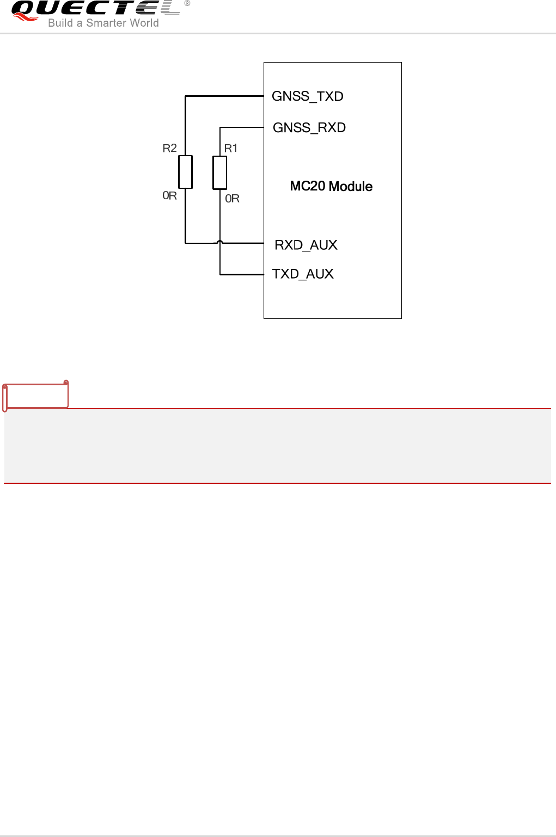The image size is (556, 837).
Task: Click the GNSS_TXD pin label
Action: pos(308,96)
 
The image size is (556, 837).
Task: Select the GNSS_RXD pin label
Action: pos(309,128)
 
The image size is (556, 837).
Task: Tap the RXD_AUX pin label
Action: pos(306,245)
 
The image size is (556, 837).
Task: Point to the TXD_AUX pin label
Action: pos(303,274)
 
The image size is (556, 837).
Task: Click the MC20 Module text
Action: pos(331,186)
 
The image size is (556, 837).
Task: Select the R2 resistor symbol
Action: pos(186,172)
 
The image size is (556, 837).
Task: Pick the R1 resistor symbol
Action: pos(220,173)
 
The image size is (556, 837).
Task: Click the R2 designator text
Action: pos(170,148)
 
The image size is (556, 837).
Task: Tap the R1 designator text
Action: pos(231,148)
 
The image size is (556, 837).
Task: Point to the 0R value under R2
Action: pos(170,195)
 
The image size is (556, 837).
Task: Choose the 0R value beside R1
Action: pos(233,199)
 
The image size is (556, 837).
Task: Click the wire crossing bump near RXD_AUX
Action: pos(220,242)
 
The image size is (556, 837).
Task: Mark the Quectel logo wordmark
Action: pos(95,8)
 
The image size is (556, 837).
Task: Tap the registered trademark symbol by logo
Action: pos(187,3)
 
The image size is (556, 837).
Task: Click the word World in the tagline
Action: pos(144,23)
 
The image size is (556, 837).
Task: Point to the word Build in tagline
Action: pos(60,23)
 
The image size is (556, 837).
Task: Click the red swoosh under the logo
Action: pos(25,18)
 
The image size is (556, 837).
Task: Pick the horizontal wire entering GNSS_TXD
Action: pos(224,96)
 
